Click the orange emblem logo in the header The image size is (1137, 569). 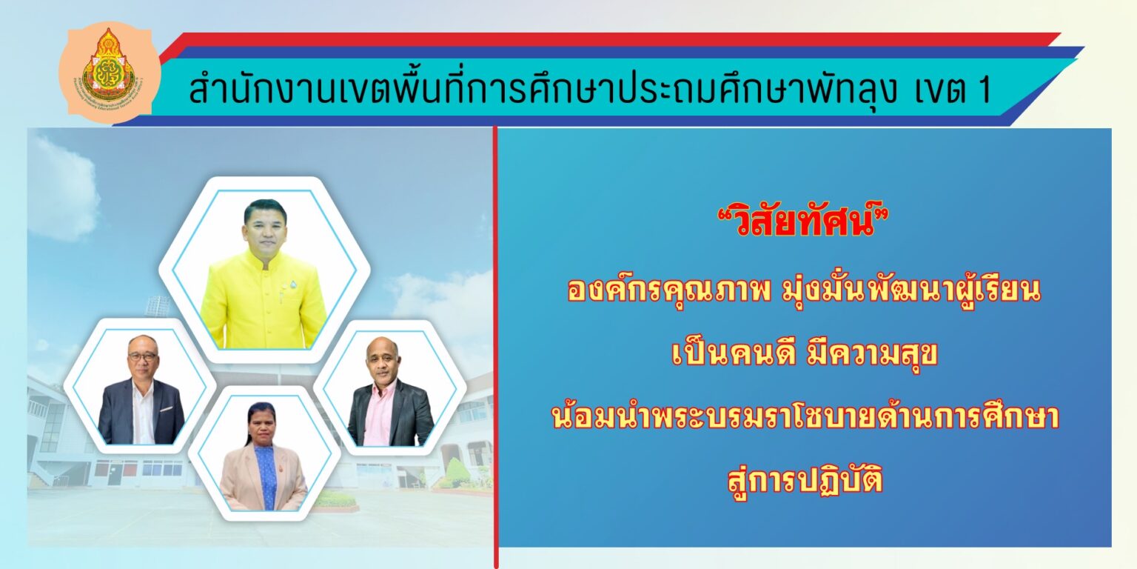pos(109,73)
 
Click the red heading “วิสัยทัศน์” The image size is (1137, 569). pos(804,222)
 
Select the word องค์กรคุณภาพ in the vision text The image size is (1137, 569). pos(669,290)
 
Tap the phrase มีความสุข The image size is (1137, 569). pos(871,353)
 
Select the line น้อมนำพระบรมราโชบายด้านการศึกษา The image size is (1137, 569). pos(805,416)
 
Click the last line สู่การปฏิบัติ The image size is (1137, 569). pos(805,480)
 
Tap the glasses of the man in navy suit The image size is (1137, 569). pos(143,356)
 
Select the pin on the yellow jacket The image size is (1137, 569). pos(285,284)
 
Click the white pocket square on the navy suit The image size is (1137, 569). pos(167,408)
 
